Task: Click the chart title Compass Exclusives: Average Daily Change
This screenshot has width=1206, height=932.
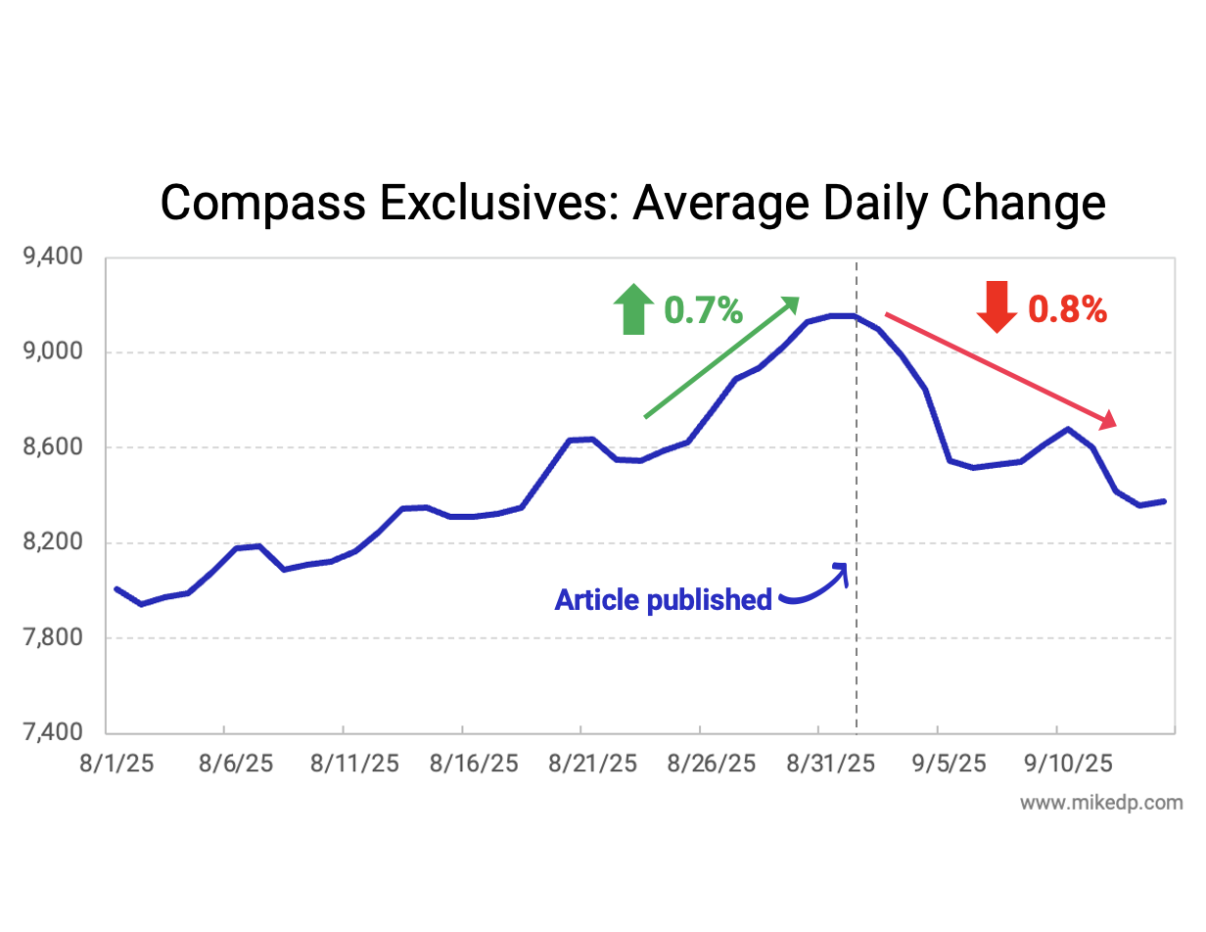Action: point(632,204)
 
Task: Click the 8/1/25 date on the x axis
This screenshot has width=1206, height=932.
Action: point(116,763)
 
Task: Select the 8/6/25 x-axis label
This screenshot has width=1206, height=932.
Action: point(235,763)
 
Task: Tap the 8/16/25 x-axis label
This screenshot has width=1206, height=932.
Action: point(474,763)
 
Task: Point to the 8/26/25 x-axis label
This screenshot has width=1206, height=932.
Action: point(712,763)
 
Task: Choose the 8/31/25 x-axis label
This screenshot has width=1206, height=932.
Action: point(830,763)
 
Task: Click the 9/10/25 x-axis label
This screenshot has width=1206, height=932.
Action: point(1067,763)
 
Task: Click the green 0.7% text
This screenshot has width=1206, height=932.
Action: point(703,310)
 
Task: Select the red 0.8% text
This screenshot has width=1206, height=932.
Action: point(1067,310)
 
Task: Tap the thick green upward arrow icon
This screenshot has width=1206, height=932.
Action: point(633,308)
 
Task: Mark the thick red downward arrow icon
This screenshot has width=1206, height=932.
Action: point(997,306)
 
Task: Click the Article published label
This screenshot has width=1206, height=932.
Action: point(663,599)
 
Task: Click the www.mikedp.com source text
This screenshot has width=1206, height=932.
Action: point(1101,803)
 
